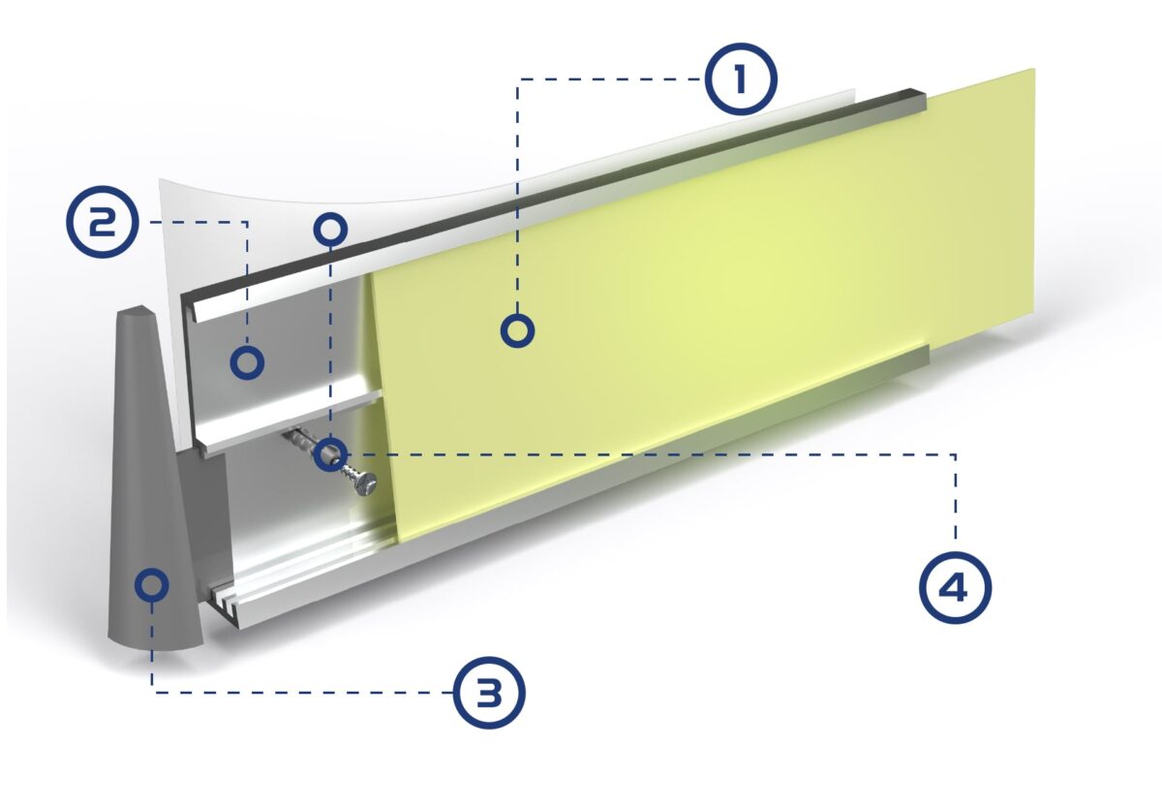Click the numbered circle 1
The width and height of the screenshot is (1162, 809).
[x=740, y=81]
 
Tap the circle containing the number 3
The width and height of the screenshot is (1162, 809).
[x=489, y=692]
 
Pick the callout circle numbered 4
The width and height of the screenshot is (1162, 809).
[x=955, y=586]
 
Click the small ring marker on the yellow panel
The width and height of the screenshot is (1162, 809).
[x=518, y=330]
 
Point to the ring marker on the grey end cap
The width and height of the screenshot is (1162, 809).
[x=152, y=584]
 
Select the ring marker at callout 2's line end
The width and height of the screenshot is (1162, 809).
[x=247, y=362]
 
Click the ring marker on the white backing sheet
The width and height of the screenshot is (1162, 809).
[x=330, y=228]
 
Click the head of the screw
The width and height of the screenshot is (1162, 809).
[x=366, y=482]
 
